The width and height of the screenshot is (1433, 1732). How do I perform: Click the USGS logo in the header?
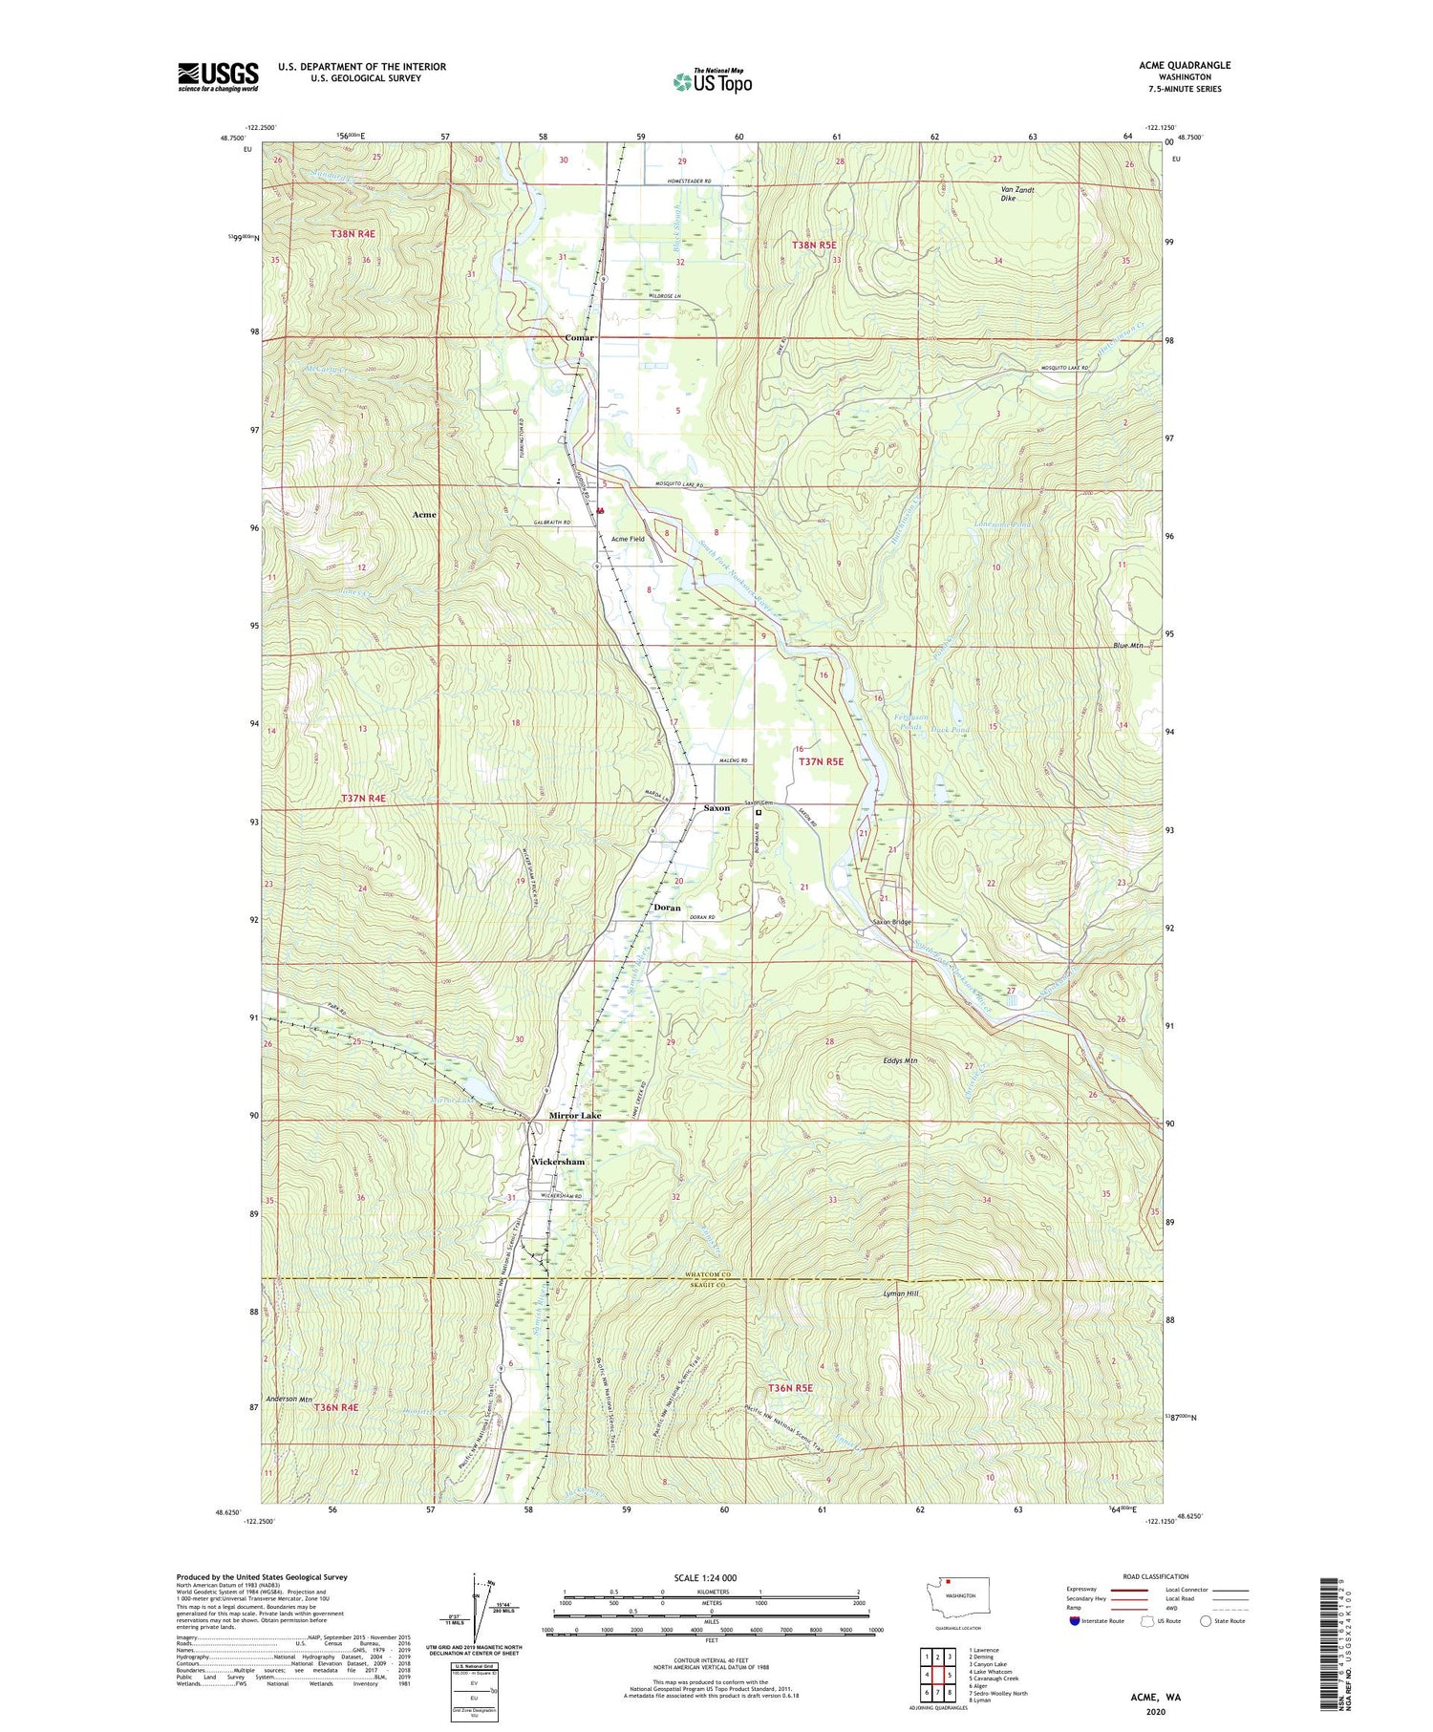tap(218, 76)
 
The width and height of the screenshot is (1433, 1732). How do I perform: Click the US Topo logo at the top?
tap(712, 81)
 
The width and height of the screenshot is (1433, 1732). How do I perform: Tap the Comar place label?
tap(579, 337)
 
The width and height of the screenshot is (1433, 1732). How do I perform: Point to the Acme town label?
tap(424, 514)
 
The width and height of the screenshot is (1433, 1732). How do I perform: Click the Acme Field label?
tap(628, 539)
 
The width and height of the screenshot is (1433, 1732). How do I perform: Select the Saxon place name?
tap(716, 808)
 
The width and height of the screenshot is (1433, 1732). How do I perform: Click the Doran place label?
tap(667, 907)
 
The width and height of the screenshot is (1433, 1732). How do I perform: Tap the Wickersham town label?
tap(557, 1162)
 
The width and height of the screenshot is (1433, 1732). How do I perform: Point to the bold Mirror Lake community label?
tap(574, 1116)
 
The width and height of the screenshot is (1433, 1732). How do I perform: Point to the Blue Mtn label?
tap(1127, 646)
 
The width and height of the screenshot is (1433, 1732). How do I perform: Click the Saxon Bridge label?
tap(892, 923)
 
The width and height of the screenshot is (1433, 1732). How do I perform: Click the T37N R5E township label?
tap(821, 761)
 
